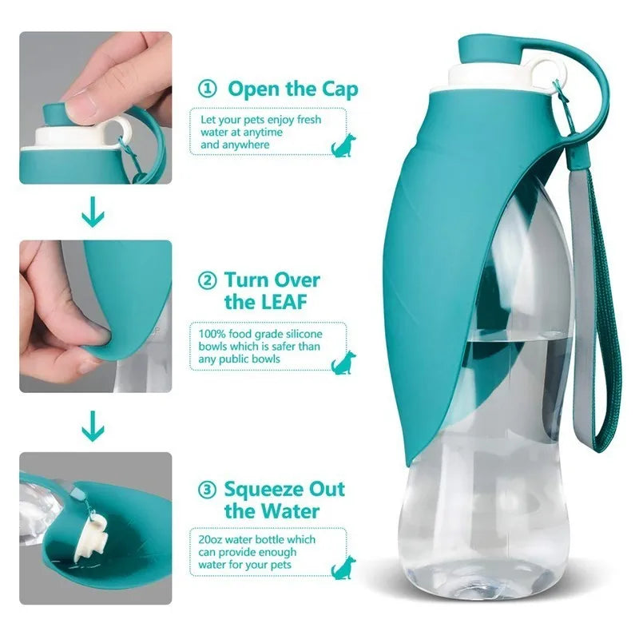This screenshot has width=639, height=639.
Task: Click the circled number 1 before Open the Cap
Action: coord(207,89)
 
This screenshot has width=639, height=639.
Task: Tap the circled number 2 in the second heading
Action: coord(207,280)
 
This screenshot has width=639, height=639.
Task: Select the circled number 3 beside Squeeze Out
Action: coord(207,489)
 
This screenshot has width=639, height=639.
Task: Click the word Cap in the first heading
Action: coord(335,89)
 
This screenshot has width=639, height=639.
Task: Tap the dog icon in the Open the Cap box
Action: coord(342,145)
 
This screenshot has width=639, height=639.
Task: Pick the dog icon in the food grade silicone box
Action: coord(342,362)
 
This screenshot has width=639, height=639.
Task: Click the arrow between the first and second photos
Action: coord(94,214)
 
